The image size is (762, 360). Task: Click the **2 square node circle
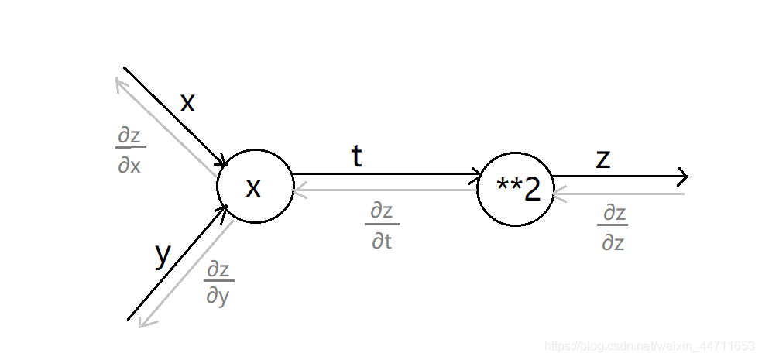point(515,190)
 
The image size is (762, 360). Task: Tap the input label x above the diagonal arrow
point(187,102)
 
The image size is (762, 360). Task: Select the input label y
point(162,253)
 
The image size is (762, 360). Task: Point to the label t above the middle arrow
point(356,156)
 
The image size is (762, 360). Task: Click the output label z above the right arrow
point(603,158)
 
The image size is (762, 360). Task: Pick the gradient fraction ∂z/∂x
point(130,150)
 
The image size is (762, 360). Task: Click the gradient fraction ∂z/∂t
point(382,225)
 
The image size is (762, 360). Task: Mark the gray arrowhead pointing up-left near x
point(120,83)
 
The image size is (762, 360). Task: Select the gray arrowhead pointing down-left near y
point(142,322)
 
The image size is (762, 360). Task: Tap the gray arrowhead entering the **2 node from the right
point(558,193)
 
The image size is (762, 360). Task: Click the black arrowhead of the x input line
point(221,162)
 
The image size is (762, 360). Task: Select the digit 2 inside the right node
point(532,190)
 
